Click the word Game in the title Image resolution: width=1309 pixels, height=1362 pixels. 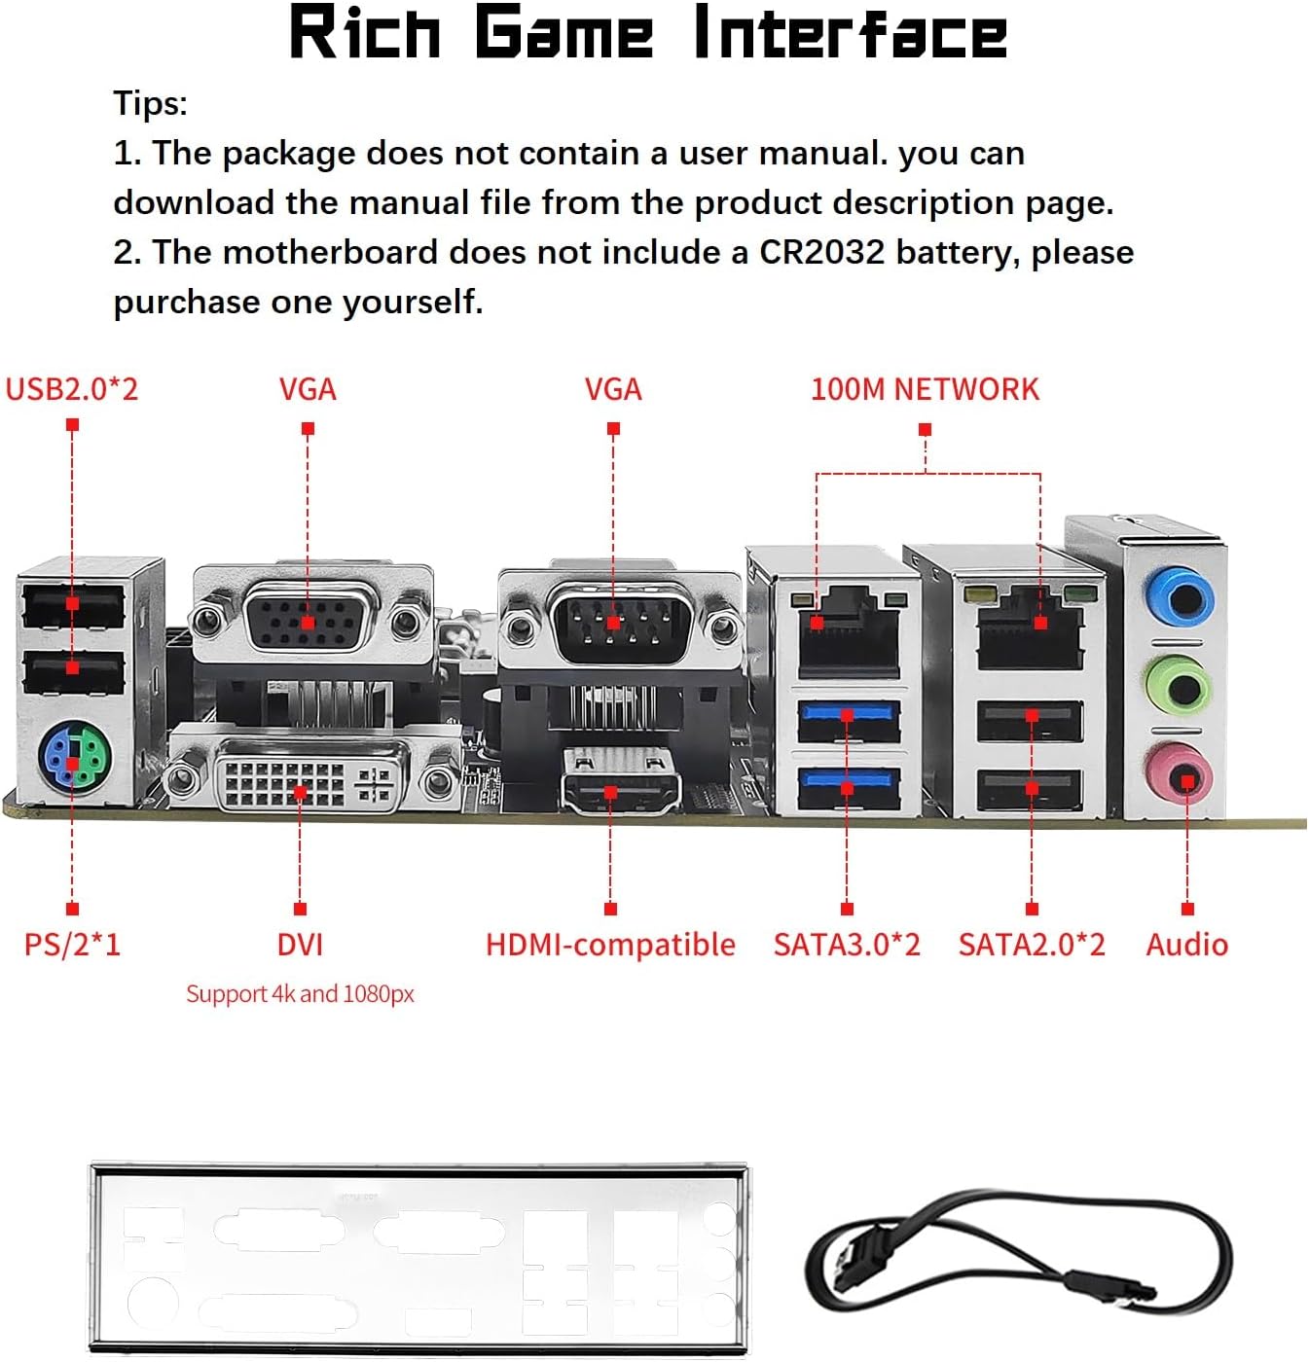564,33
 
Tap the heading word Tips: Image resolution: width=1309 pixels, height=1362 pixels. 150,103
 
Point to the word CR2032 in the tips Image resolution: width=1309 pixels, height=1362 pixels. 821,252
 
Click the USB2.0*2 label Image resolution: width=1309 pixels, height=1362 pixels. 72,389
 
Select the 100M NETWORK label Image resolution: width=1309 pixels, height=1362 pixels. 925,389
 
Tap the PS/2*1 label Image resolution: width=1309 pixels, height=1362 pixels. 72,944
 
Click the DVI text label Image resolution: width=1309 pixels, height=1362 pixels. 300,944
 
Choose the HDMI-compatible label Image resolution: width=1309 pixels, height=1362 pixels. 610,944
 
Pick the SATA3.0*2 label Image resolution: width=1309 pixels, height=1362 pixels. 847,944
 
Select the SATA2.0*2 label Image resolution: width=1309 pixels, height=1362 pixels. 1032,944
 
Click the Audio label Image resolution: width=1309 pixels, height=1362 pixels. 1186,944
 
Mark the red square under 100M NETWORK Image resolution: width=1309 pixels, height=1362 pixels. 925,429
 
